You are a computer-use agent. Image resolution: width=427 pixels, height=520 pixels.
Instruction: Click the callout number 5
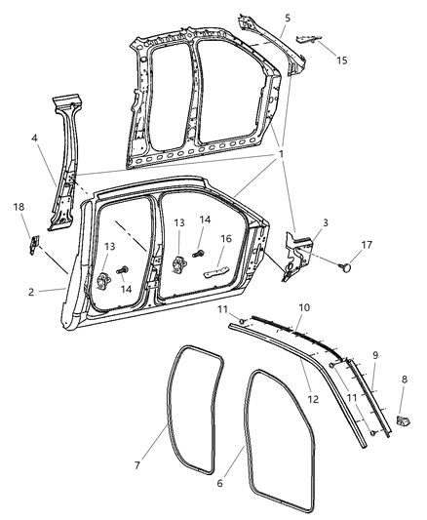tap(287, 18)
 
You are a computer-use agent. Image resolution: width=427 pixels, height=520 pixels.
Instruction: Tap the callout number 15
tap(340, 60)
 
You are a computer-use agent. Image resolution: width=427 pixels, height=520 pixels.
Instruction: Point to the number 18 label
tap(18, 208)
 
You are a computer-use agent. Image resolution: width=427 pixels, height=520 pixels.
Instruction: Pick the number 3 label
tap(326, 222)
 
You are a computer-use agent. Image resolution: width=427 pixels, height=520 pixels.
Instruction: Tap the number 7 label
tap(138, 466)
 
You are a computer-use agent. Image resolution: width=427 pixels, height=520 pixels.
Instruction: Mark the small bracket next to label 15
tap(306, 38)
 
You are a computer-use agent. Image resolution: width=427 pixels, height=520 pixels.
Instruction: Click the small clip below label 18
tap(32, 243)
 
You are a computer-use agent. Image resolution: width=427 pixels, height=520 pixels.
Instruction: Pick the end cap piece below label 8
tap(403, 422)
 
